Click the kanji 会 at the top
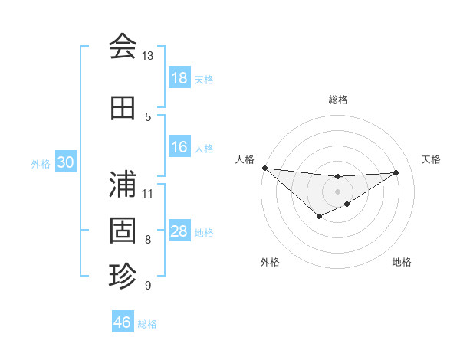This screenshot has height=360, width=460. (x=123, y=47)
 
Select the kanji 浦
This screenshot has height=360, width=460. (x=123, y=184)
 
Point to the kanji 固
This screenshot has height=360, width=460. (x=123, y=230)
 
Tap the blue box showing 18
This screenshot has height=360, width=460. (x=179, y=78)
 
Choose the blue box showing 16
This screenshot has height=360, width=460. (x=179, y=148)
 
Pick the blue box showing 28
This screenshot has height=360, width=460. (x=179, y=232)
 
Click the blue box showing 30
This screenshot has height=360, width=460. (x=65, y=163)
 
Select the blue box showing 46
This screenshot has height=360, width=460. (x=123, y=322)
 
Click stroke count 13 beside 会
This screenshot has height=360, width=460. (x=147, y=56)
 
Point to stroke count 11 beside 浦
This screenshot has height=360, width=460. (x=147, y=193)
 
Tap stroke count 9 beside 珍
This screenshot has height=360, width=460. (x=147, y=286)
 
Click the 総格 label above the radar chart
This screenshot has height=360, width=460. (x=337, y=100)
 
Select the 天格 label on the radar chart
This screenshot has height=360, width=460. (x=431, y=159)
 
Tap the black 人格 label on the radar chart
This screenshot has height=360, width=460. (x=245, y=159)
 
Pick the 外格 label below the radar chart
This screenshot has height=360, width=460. (x=269, y=263)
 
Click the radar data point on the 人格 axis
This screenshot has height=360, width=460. (x=264, y=168)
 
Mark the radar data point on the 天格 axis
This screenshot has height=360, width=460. (x=396, y=172)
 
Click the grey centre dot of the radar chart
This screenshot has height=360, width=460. (x=337, y=191)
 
